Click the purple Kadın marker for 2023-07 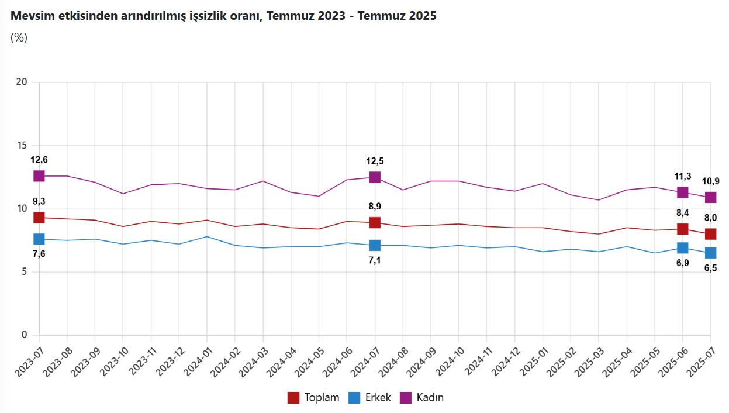(39, 175)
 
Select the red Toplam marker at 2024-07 (375, 223)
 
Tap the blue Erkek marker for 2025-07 (710, 253)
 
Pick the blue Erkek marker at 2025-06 (682, 248)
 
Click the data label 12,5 (375, 161)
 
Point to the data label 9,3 (39, 201)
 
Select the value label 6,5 (710, 269)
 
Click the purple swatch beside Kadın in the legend (406, 398)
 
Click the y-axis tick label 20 (22, 82)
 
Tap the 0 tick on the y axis (25, 335)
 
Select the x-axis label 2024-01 (198, 358)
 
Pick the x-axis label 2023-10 (113, 358)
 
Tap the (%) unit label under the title (19, 38)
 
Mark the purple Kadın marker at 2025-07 (710, 197)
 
